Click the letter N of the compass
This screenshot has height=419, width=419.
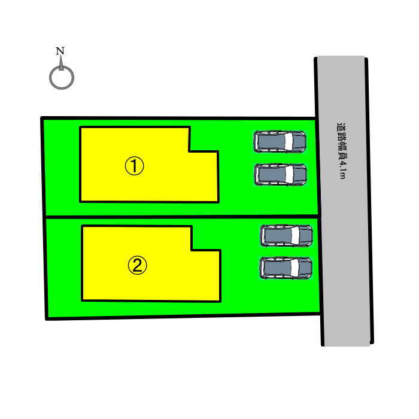[60, 51]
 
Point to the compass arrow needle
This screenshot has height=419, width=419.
[61, 63]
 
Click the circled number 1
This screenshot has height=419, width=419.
[135, 166]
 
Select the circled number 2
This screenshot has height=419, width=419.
[137, 265]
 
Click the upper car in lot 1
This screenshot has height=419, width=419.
[280, 141]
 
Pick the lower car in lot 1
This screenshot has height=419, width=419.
[280, 175]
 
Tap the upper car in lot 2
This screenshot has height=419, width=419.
[287, 236]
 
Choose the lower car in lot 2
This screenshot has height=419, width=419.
[286, 268]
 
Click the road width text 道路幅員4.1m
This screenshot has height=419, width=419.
[342, 150]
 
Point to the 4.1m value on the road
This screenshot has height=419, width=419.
[342, 169]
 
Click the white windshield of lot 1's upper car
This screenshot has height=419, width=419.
[289, 141]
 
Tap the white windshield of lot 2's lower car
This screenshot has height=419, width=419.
[294, 268]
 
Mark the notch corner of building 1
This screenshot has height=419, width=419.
[190, 151]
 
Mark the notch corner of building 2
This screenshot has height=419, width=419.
[192, 250]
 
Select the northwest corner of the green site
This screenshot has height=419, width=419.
[42, 118]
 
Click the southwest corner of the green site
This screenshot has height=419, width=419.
[47, 319]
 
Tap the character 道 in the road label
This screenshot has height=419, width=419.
[341, 127]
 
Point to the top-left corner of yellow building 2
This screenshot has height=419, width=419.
[83, 226]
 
